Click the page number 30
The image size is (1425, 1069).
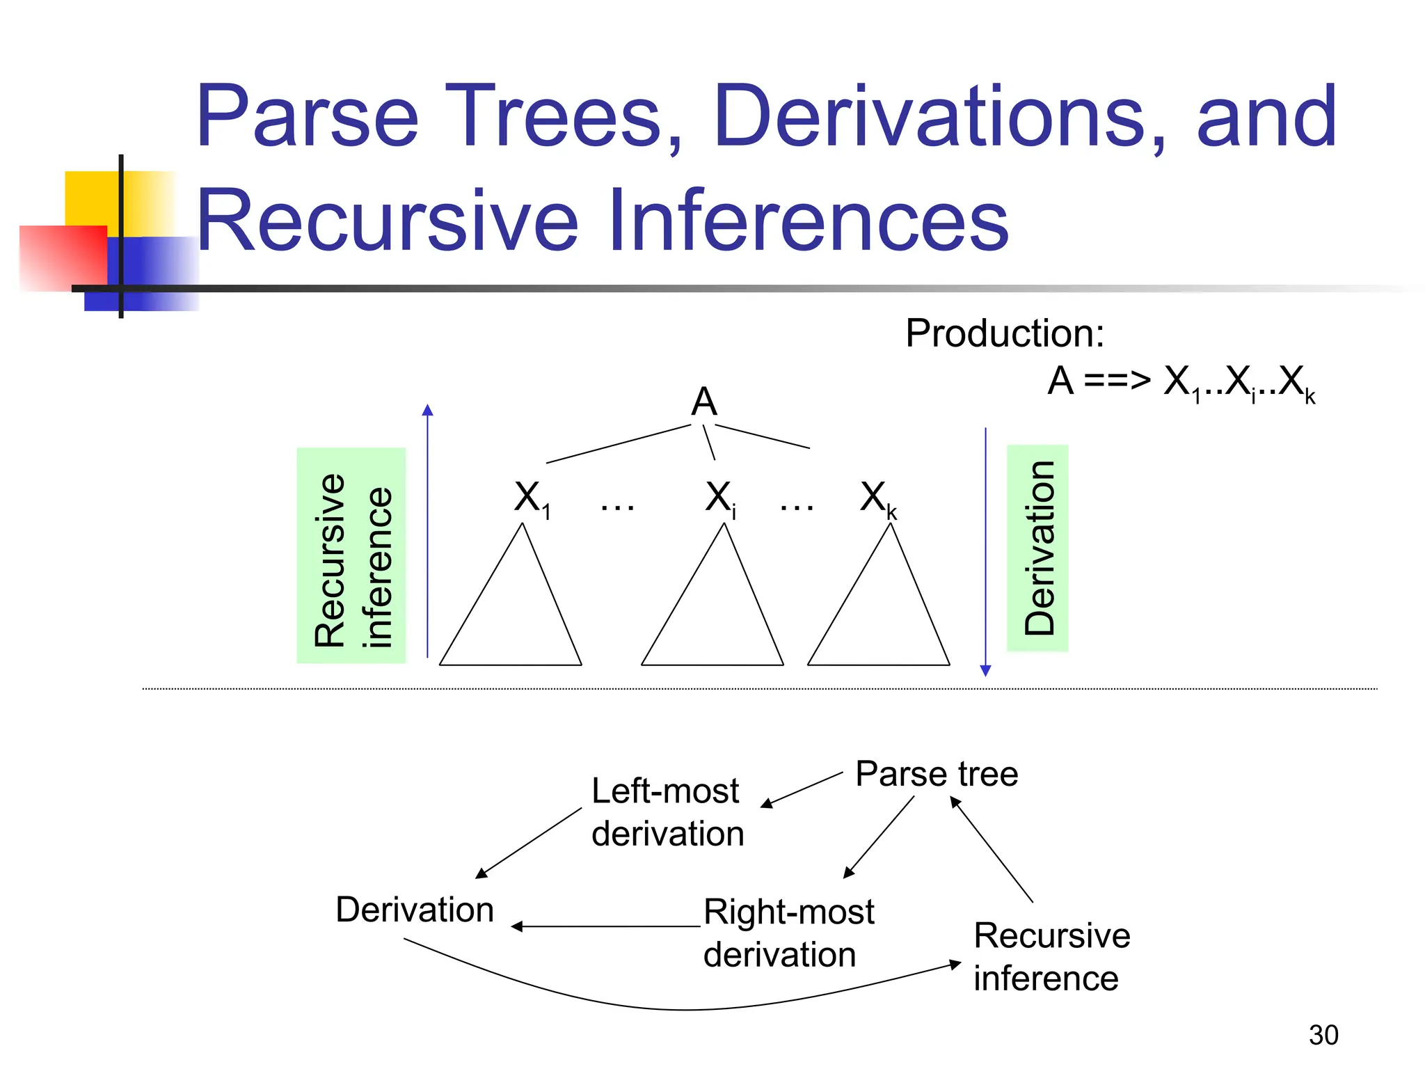click(x=1323, y=1035)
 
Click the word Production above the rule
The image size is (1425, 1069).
click(x=1003, y=333)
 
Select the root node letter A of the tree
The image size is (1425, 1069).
click(x=703, y=402)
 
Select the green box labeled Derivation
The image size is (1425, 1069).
click(x=1037, y=548)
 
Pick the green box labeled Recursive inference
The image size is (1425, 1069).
click(x=351, y=555)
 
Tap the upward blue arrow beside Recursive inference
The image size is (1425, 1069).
click(x=427, y=529)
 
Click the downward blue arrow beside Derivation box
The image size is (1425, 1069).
click(x=985, y=550)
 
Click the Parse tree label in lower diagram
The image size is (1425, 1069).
click(x=937, y=774)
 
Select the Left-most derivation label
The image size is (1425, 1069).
click(x=667, y=812)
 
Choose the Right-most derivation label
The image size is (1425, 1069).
click(x=788, y=933)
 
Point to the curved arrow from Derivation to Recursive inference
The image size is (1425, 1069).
click(x=685, y=1009)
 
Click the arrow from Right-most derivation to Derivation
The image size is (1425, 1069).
click(x=605, y=926)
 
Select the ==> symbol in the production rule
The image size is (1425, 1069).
click(x=1117, y=381)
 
